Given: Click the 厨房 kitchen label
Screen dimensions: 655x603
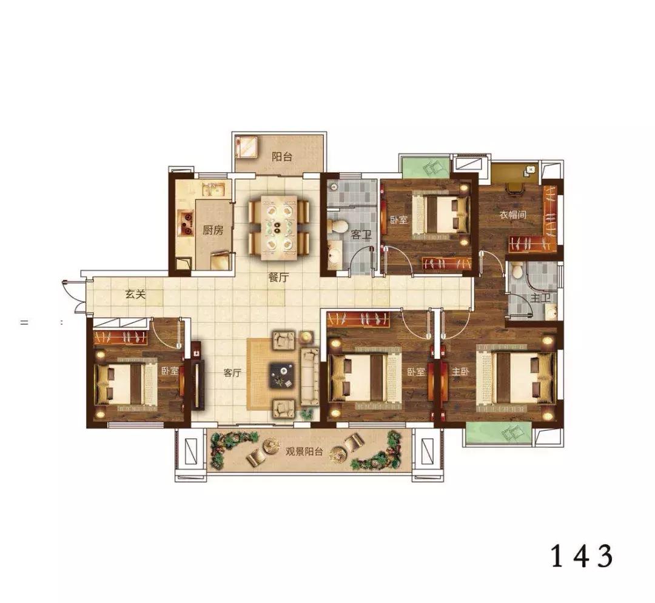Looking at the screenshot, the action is (213, 230).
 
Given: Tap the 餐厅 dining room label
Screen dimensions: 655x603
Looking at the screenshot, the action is (278, 277).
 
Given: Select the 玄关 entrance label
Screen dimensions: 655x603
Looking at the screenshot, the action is (136, 295).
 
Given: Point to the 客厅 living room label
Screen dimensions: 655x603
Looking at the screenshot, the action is (232, 373).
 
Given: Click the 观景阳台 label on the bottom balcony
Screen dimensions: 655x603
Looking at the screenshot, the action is (304, 451).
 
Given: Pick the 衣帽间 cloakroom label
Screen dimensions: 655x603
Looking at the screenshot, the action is (513, 215).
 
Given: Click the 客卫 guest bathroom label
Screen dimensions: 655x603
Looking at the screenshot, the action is (361, 235).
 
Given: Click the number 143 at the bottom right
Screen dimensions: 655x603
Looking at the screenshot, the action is (582, 556).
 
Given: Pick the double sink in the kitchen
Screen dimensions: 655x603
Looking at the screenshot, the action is (213, 190).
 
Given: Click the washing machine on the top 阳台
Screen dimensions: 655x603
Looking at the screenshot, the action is (247, 147).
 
